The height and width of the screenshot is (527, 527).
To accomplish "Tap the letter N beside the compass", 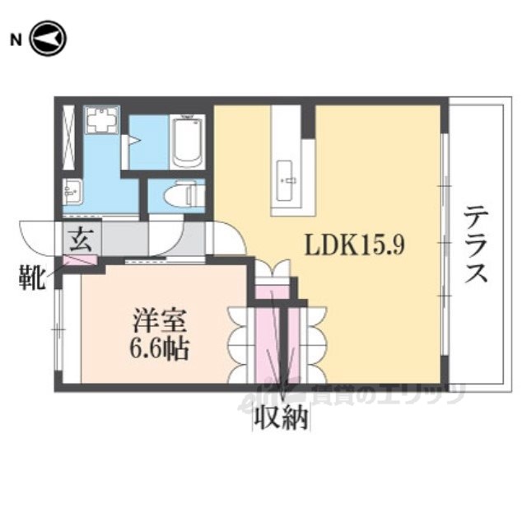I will (x=15, y=40).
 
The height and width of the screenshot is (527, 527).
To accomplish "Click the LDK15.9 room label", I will (x=353, y=244).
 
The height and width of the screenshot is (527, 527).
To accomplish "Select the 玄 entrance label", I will (x=82, y=239).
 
